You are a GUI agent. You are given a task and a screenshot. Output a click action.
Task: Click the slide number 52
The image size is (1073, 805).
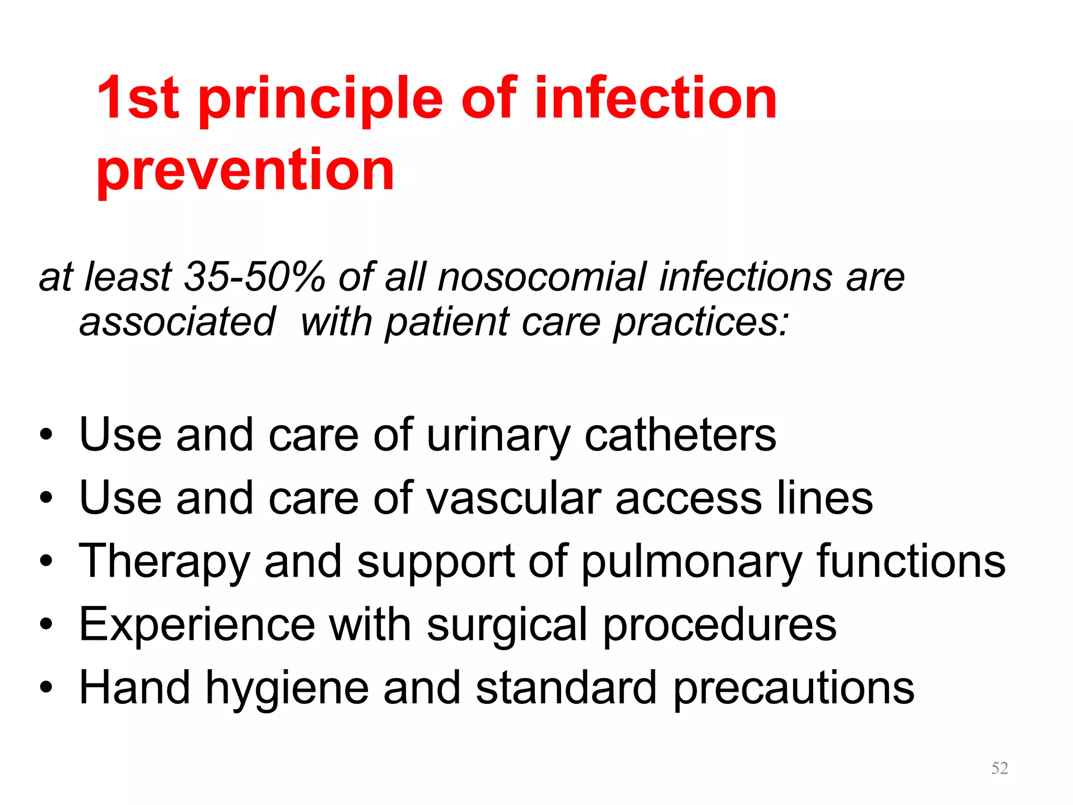tap(1000, 768)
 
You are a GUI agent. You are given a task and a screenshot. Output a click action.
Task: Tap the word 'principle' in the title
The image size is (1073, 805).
tap(321, 100)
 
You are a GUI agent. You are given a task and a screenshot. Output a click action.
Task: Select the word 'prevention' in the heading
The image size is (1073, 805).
tap(245, 170)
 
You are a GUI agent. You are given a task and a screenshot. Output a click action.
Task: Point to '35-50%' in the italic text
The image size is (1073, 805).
tap(255, 277)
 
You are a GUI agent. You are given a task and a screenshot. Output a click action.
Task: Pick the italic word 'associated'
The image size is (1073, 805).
tap(177, 321)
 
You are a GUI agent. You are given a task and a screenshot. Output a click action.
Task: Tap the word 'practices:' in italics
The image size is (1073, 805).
tap(701, 322)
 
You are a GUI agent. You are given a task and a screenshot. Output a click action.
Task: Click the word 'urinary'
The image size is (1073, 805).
tap(498, 437)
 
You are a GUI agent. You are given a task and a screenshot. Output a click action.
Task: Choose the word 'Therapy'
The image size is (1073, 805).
tap(165, 562)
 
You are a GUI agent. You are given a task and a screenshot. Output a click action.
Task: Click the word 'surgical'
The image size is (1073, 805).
tap(507, 626)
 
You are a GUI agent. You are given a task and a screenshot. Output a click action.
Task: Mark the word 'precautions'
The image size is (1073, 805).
tap(794, 688)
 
